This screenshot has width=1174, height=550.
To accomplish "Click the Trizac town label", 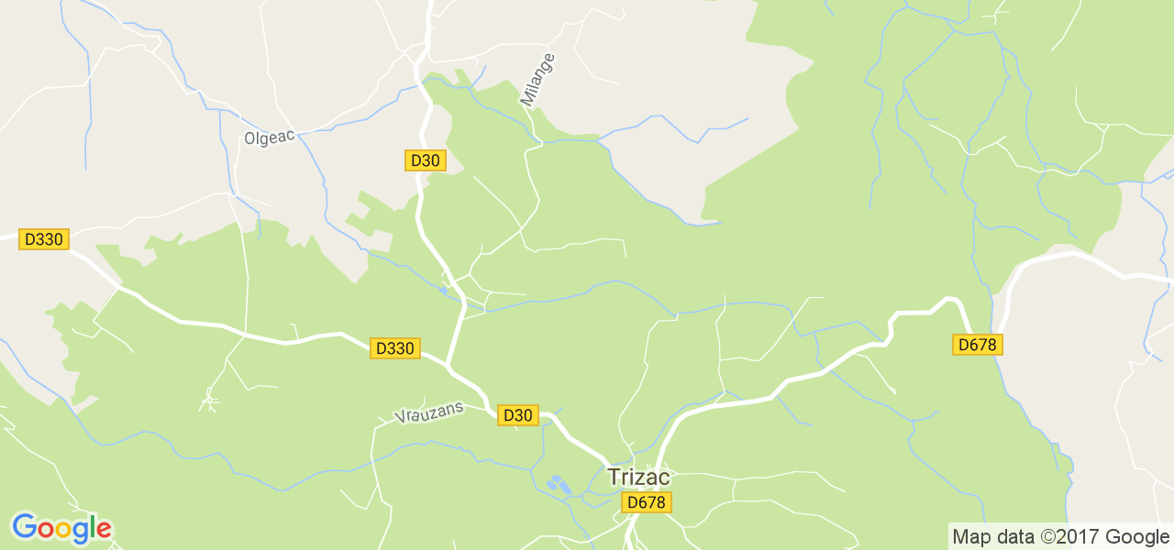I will (638, 478).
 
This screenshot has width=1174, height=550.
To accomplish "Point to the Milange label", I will (539, 80).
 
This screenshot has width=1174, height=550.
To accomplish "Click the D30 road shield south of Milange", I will (425, 160).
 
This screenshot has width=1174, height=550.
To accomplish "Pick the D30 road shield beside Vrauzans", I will (516, 415).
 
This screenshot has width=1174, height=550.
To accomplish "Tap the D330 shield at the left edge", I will (44, 239).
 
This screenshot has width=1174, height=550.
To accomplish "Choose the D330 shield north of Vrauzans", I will (395, 348).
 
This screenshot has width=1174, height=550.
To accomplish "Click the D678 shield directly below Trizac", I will (647, 502).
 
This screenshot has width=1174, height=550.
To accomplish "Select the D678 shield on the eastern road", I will (978, 345).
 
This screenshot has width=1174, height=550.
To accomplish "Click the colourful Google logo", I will (61, 528).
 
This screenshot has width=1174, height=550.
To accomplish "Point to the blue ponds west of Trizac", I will (557, 483).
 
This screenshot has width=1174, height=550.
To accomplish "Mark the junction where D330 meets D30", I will (449, 364).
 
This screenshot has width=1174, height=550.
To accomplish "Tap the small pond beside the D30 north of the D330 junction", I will (445, 290).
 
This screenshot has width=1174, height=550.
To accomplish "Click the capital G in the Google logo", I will (24, 527).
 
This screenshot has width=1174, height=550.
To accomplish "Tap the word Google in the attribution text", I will (1137, 536).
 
